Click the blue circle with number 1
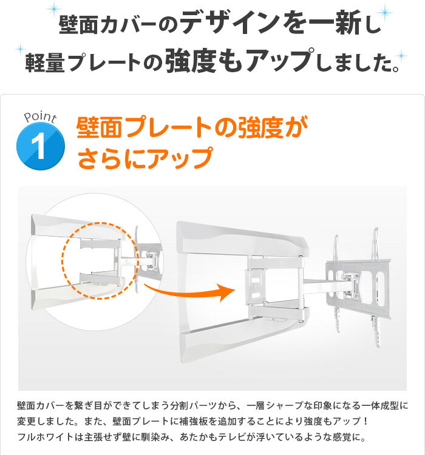pos(41,146)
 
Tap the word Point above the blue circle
pos(40,117)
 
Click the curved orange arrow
pos(189,292)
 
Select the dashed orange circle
pos(100,261)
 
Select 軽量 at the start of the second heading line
pos(45,62)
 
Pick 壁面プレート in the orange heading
pos(143,127)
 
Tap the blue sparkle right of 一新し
pos(384,13)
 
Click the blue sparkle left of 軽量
pos(20,49)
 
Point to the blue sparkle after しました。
pos(401,55)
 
